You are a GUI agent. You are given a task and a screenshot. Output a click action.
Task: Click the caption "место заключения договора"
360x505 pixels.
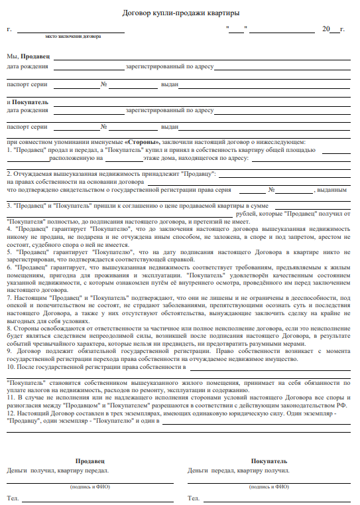tap(72, 37)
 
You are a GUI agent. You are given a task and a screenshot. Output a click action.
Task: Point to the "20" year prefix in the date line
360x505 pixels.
tap(325, 30)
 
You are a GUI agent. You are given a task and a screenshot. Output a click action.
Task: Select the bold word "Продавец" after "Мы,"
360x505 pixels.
tap(35, 58)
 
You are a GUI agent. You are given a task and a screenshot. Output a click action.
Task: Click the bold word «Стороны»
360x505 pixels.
tap(142, 142)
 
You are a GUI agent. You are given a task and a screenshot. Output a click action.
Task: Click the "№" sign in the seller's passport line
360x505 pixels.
tap(104, 85)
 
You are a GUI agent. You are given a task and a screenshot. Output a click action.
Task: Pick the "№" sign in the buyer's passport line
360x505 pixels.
tap(104, 126)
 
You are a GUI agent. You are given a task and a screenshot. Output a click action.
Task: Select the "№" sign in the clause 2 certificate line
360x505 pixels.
tap(271, 190)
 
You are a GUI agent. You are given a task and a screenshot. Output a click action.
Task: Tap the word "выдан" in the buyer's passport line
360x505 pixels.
tap(170, 126)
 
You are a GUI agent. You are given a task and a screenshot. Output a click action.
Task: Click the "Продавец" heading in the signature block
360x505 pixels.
tap(90, 461)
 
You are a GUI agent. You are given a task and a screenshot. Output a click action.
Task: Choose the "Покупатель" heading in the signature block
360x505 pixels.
tap(269, 461)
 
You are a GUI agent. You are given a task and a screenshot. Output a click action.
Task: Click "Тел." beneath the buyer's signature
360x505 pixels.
tap(194, 498)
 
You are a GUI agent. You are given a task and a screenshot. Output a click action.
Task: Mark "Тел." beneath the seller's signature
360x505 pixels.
tap(13, 498)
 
